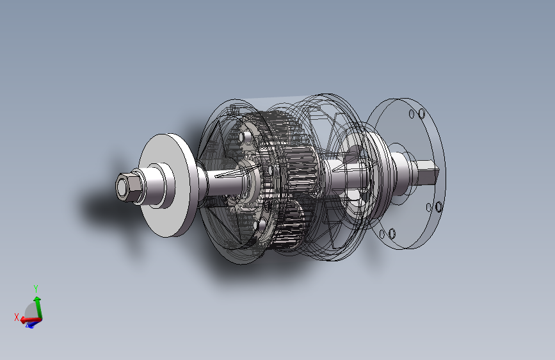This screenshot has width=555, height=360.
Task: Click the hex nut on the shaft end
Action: click(x=129, y=188)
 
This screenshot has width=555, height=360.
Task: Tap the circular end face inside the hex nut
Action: click(x=122, y=188)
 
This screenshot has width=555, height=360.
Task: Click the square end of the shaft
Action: click(x=428, y=172)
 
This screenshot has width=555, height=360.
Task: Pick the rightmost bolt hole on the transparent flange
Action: click(x=439, y=206)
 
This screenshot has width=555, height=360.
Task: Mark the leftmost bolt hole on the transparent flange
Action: click(x=382, y=234)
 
